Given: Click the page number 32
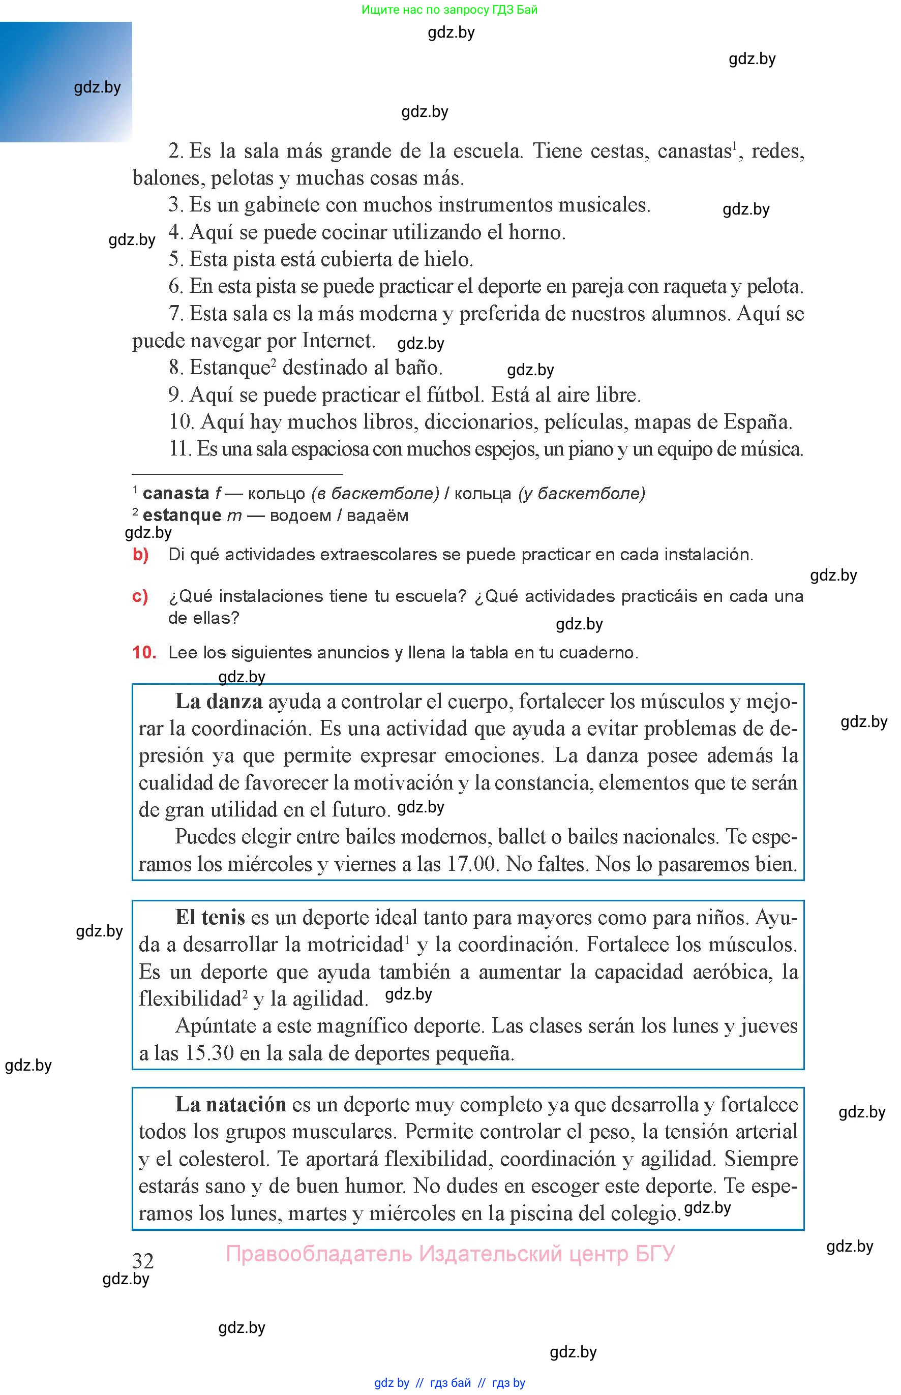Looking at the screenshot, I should (143, 1260).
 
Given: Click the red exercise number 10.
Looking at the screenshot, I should (144, 652).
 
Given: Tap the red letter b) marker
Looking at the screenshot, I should (140, 554).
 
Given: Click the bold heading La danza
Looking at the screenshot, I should (219, 701).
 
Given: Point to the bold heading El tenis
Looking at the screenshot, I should (210, 917).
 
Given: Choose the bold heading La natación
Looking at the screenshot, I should (230, 1104).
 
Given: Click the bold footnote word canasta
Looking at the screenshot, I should (175, 493).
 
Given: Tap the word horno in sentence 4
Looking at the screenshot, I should (536, 232).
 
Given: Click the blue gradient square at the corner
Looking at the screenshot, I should (66, 82).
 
